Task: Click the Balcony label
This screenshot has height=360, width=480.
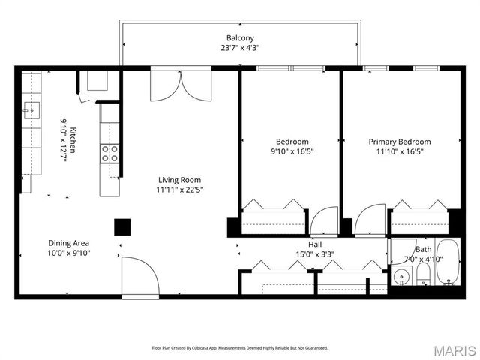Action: [240, 38]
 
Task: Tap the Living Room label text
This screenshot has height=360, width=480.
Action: [180, 180]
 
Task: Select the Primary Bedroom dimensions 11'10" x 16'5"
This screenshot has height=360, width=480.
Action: [400, 151]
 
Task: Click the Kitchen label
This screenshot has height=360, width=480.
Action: [73, 140]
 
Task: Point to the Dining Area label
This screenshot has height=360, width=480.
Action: [69, 243]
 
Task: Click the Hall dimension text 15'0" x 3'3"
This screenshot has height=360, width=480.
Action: [315, 254]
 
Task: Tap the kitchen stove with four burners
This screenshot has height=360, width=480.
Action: [109, 153]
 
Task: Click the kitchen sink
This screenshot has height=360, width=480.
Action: [31, 110]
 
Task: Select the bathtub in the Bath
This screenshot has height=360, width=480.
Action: [448, 262]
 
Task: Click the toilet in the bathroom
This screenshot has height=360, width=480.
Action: [423, 274]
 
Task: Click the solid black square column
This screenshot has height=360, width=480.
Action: [122, 227]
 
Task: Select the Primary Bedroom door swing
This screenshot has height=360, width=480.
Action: [370, 220]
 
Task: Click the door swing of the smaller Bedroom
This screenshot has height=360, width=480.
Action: [324, 221]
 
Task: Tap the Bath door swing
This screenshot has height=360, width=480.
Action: [402, 251]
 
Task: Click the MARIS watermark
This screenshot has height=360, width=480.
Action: [455, 351]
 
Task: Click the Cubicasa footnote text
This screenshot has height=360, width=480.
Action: [240, 348]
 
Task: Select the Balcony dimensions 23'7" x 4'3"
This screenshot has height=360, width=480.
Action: [240, 48]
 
